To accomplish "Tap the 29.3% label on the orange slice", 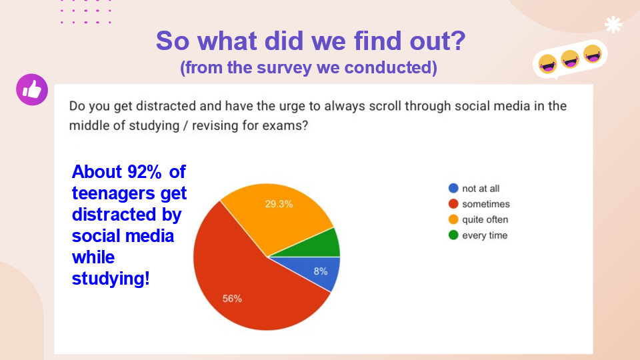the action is click(279, 204).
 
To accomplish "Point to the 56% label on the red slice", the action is click(232, 299).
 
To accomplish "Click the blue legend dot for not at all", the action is click(453, 188).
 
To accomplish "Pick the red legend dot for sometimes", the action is click(453, 204).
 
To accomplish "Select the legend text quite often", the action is click(485, 219).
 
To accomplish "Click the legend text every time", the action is click(485, 235).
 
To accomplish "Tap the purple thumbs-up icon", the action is click(32, 90).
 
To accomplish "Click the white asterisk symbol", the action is click(613, 25).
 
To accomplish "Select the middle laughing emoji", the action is click(570, 59).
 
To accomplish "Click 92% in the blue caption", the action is click(145, 172).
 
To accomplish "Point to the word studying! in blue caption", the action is click(111, 279).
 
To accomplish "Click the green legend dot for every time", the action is click(453, 235).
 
